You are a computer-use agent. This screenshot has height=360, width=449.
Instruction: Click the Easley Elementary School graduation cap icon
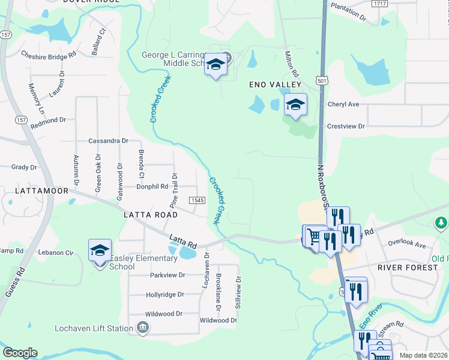100,250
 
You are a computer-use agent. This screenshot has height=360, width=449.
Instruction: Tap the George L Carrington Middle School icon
215,64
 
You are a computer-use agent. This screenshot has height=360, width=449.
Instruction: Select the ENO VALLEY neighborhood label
274,85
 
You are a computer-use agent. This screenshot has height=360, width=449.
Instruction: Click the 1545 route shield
197,200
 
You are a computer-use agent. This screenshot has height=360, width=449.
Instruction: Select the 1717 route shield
379,4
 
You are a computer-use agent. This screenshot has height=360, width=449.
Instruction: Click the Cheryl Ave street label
343,104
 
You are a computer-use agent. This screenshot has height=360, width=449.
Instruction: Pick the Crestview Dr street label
346,126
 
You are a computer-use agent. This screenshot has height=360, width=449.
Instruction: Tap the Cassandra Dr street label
108,141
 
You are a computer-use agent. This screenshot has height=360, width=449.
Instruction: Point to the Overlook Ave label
406,244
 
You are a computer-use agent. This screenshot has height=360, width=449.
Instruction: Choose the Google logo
20,353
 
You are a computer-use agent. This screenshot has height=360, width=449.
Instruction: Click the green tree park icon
441,224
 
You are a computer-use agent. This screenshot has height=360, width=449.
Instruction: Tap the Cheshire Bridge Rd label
49,53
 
